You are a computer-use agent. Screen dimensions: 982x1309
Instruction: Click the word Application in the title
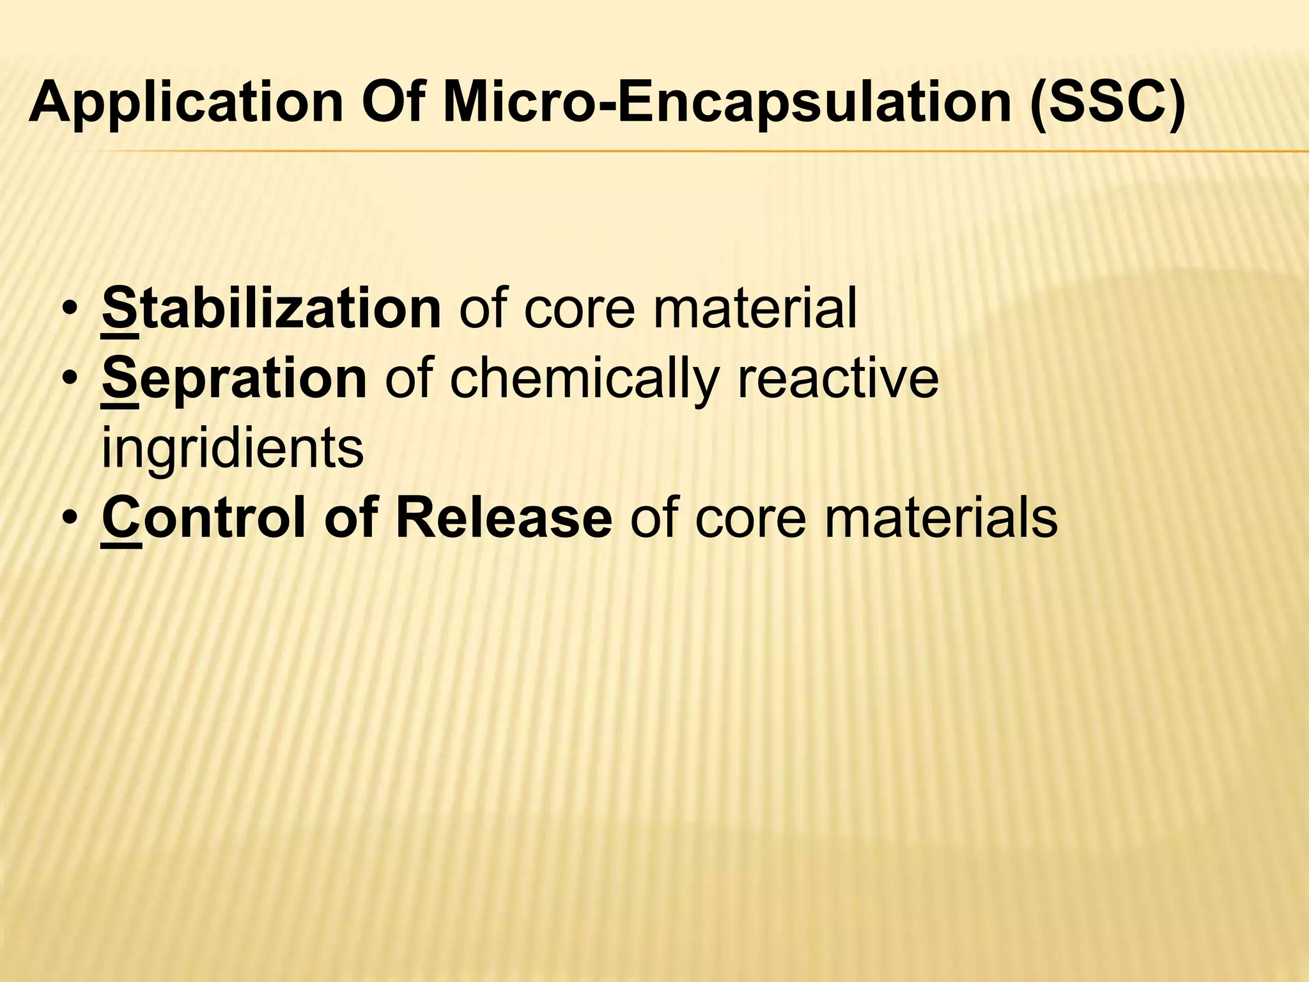(186, 104)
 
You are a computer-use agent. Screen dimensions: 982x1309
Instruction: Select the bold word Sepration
(234, 380)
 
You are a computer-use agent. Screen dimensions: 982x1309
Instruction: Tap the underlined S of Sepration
(120, 380)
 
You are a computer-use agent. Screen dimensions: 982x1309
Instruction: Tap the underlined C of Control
(121, 519)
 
